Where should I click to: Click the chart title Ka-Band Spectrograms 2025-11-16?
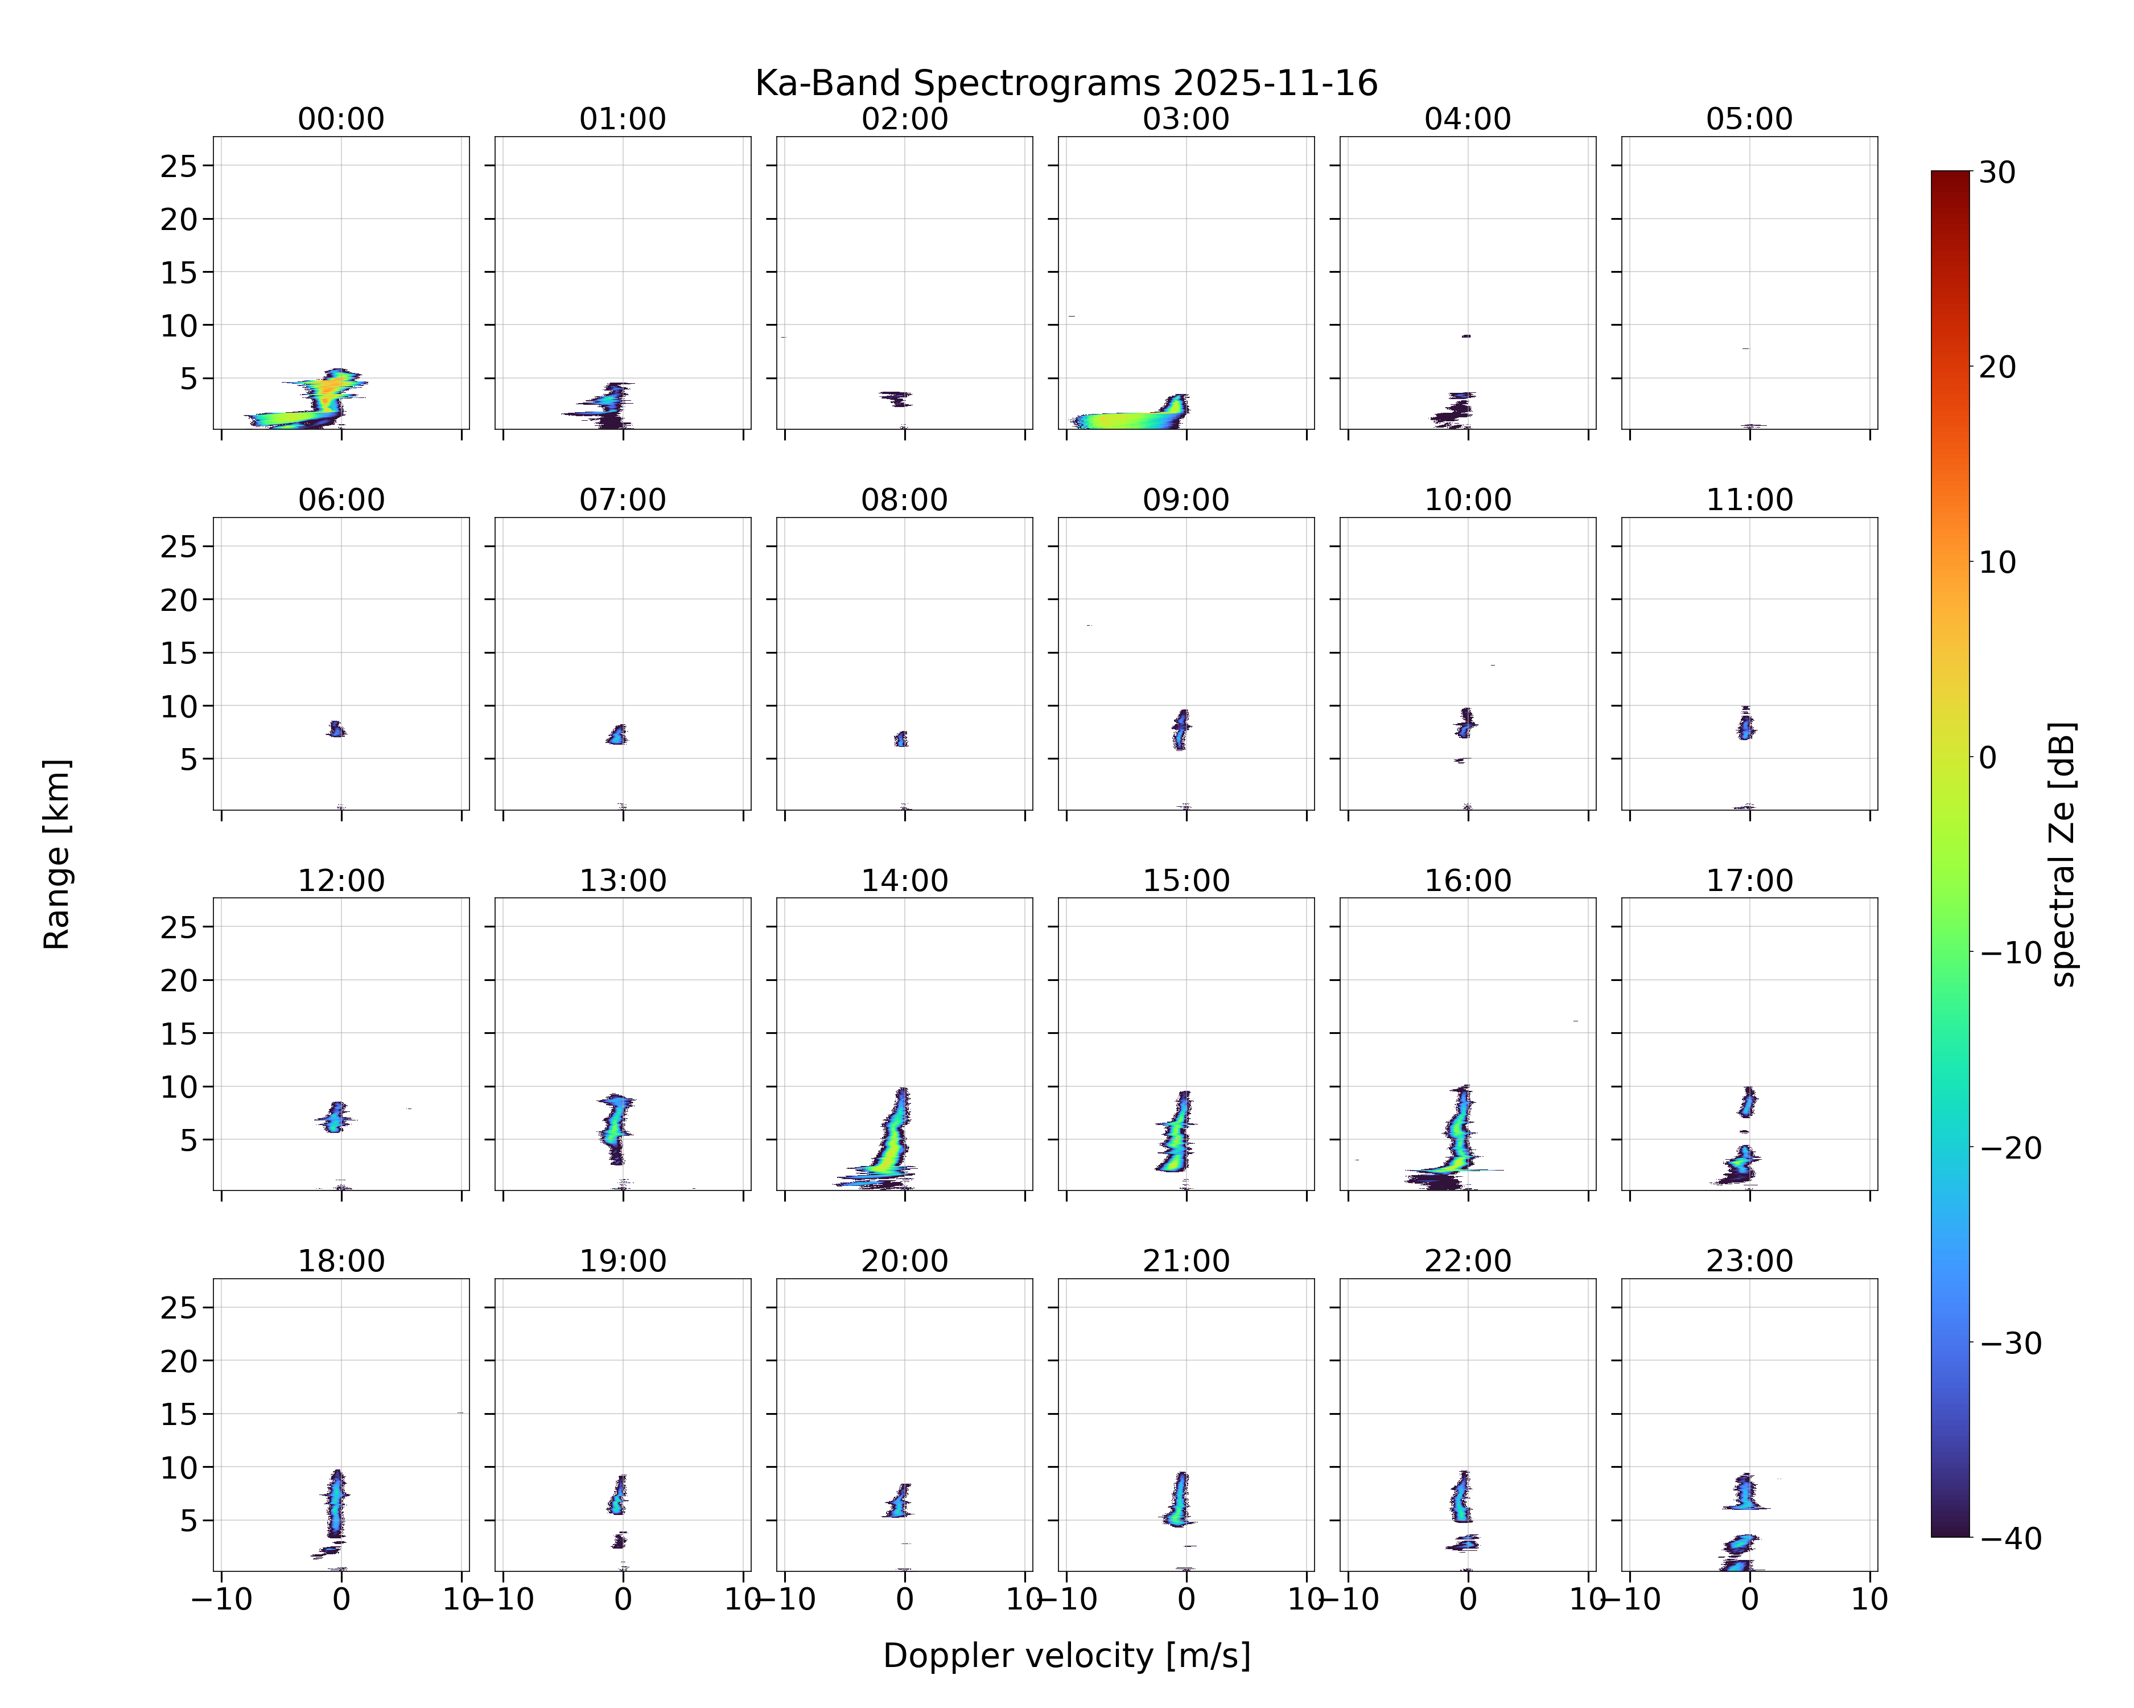(1066, 83)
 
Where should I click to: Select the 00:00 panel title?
(341, 119)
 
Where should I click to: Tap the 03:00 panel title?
(1186, 119)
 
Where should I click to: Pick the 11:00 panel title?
(1749, 500)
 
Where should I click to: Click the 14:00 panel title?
(905, 880)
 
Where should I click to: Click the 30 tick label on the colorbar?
(1997, 173)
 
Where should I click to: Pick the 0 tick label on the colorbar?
(1988, 757)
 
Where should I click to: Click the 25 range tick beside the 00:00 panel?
(179, 166)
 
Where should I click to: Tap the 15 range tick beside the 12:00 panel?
(179, 1034)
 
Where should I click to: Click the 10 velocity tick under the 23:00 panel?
(1870, 1599)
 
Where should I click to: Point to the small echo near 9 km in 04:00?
(1466, 336)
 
